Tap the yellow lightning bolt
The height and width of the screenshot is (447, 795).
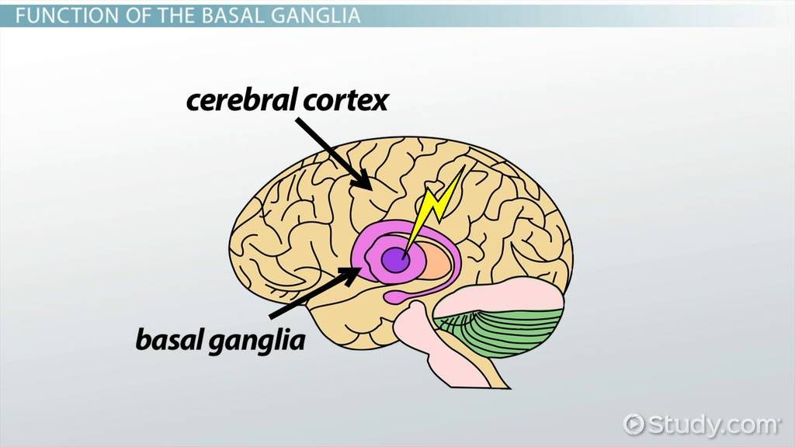(x=435, y=206)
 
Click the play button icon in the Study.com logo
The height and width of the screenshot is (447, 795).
(x=634, y=424)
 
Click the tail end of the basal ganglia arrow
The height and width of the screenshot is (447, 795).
(x=273, y=315)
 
